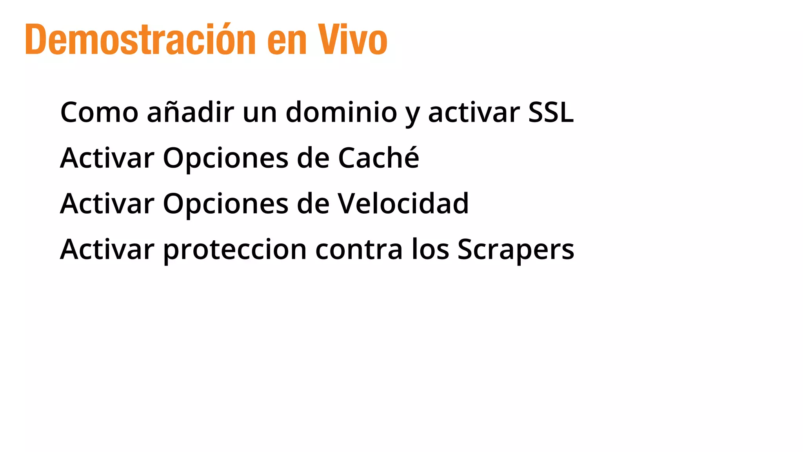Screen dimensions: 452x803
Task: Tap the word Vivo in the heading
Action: click(x=352, y=39)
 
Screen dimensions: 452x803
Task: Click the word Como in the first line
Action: click(x=99, y=112)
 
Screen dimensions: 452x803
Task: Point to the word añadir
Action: click(x=190, y=112)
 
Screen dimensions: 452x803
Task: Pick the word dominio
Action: click(x=341, y=112)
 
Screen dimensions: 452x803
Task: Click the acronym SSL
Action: click(x=551, y=112)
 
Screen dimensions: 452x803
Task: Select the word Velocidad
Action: click(x=403, y=203)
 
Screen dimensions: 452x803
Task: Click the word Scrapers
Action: click(x=516, y=250)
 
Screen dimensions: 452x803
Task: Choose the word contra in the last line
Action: click(x=359, y=250)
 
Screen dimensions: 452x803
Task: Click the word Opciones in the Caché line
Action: click(x=225, y=159)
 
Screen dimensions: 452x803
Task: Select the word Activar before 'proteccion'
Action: click(x=107, y=249)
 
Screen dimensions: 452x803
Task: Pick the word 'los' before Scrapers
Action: click(x=430, y=250)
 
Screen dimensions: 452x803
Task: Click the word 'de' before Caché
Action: click(x=313, y=158)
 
